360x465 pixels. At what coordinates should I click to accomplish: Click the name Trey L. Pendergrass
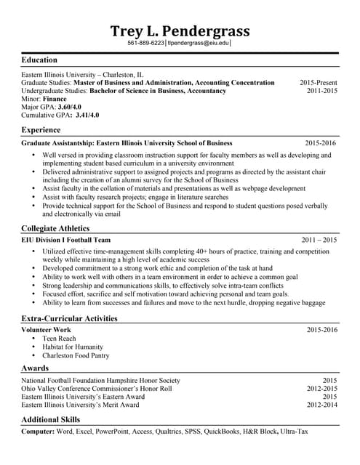click(x=180, y=31)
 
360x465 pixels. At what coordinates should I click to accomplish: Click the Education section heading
click(x=39, y=60)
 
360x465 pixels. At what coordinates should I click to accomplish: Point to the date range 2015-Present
click(x=319, y=83)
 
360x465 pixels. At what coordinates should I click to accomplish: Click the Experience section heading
click(x=41, y=129)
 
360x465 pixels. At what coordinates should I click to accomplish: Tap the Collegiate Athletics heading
click(x=61, y=228)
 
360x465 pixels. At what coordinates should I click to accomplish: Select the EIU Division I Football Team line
click(x=66, y=240)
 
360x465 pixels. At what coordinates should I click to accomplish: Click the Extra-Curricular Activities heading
click(x=69, y=319)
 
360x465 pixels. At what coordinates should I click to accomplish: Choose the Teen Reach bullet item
click(x=59, y=339)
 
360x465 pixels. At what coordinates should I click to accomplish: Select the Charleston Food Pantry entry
click(x=76, y=356)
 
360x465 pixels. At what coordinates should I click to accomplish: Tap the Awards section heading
click(x=35, y=368)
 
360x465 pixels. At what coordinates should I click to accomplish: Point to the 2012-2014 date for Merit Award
click(x=321, y=406)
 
